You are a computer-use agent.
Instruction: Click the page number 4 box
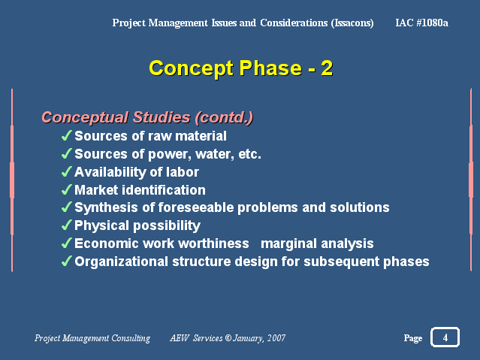tap(445, 337)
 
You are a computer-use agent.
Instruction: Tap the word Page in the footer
tap(413, 338)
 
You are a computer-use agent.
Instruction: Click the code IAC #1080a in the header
tap(421, 23)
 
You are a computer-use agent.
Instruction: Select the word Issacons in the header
tap(352, 23)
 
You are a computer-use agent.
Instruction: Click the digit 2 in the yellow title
tap(327, 68)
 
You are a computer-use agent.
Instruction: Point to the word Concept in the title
tap(192, 69)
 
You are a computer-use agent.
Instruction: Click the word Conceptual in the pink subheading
tap(85, 118)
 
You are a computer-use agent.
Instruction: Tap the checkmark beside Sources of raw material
tap(67, 135)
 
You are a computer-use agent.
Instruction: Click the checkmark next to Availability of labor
tap(67, 171)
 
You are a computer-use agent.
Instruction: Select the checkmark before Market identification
tap(67, 189)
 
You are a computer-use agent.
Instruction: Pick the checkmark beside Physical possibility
tap(67, 225)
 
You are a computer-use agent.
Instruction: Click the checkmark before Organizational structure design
tap(67, 261)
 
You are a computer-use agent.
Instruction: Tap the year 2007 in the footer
tap(276, 338)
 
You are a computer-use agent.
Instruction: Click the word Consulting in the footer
tap(131, 338)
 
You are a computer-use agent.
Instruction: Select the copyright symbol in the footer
tap(228, 338)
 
